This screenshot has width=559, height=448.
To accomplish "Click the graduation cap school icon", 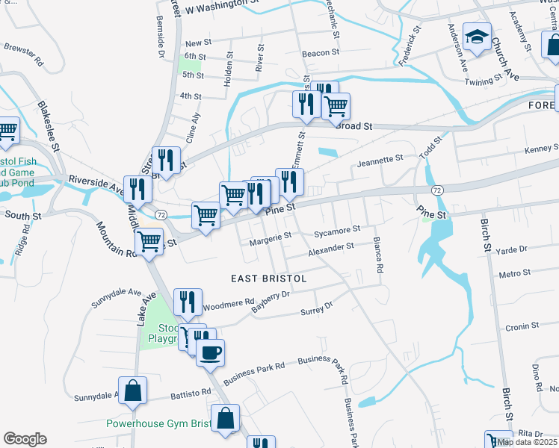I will click(x=476, y=37).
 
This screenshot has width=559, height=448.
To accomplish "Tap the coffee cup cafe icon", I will click(x=211, y=351).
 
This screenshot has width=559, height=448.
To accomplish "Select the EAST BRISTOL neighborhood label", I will click(x=269, y=278).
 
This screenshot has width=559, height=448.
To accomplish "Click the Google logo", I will click(x=25, y=439).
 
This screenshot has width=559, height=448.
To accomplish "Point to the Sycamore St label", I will click(x=337, y=231).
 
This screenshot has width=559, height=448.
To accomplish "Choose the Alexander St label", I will click(x=331, y=247).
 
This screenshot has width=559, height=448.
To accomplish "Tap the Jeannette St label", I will click(x=380, y=160).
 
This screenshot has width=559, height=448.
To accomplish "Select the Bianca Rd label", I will click(x=380, y=255).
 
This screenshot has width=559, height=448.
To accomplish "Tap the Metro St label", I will click(x=513, y=275).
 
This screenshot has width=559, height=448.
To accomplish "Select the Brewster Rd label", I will click(x=19, y=51).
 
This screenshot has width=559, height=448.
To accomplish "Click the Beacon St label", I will click(x=321, y=54).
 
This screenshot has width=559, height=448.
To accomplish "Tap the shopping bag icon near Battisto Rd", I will click(x=132, y=391).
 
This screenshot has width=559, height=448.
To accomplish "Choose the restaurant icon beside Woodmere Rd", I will click(x=188, y=302).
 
